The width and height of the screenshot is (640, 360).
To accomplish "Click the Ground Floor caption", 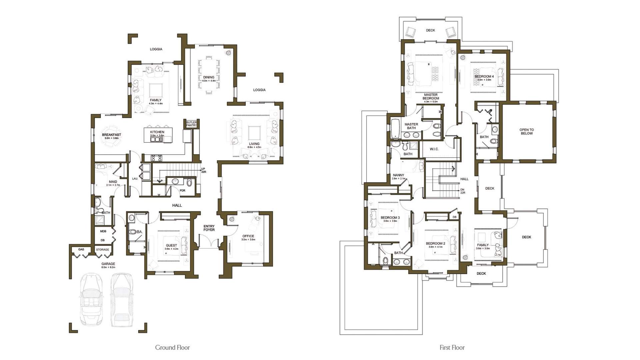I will [172, 347].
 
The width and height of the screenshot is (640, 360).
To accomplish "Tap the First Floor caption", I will [452, 347].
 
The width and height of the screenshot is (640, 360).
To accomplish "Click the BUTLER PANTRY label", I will [191, 124].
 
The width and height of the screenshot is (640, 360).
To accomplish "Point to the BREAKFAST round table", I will [111, 136].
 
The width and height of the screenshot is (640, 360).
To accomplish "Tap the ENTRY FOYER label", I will [209, 228].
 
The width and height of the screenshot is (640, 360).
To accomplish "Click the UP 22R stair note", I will [203, 170].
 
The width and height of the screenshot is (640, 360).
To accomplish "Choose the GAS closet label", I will [81, 249].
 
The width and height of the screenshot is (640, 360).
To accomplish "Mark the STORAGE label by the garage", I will [102, 249].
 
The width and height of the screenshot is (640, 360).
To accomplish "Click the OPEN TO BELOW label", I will [527, 131].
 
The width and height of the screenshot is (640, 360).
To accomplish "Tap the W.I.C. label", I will [434, 149].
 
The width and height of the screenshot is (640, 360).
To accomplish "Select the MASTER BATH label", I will [411, 126].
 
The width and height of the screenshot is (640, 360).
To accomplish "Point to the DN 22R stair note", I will [463, 191].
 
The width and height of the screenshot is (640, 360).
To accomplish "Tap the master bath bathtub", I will [395, 128].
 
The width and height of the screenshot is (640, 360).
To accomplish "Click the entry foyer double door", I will [209, 241].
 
